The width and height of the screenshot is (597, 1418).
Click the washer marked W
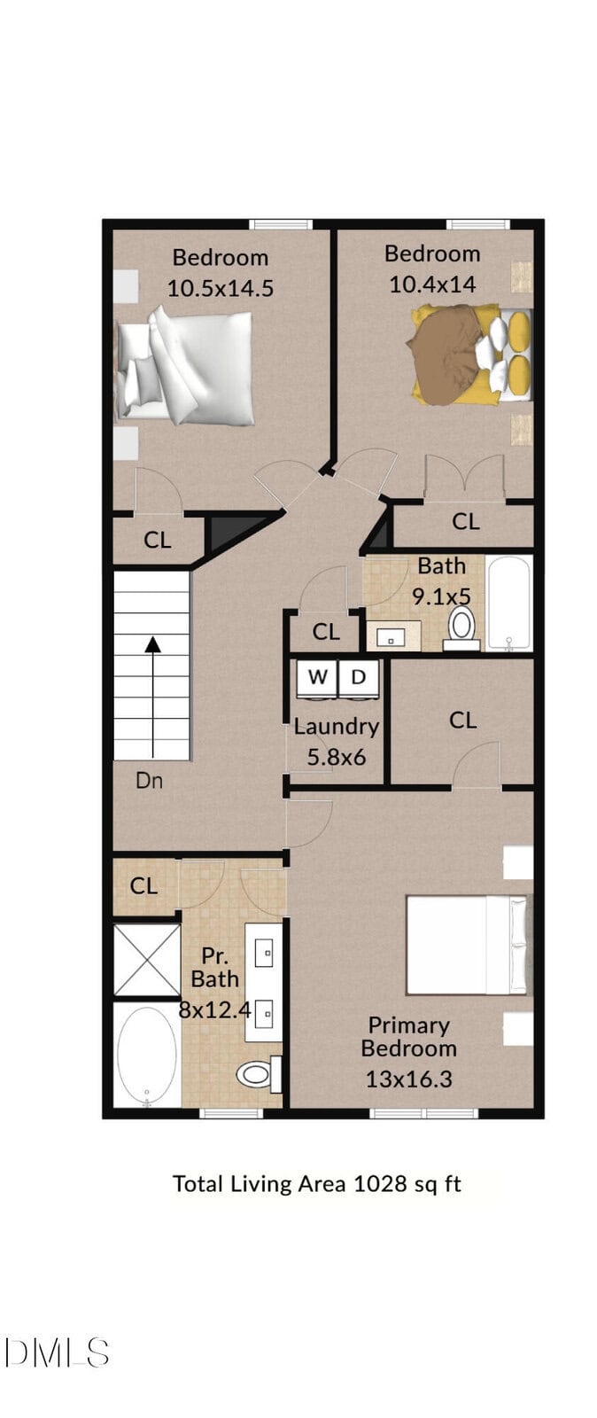click(x=317, y=679)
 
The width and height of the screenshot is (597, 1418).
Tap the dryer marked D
click(x=359, y=679)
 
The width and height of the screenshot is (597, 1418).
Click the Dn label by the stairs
click(x=149, y=781)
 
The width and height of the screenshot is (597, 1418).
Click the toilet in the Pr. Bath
click(x=260, y=1073)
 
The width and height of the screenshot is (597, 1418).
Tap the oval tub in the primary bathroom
click(x=147, y=1056)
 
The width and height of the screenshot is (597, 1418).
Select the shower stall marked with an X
click(x=147, y=960)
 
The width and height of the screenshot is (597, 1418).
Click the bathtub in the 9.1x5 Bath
click(x=508, y=604)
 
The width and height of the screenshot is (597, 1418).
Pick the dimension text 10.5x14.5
click(x=220, y=289)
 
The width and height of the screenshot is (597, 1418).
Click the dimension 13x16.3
click(x=409, y=1079)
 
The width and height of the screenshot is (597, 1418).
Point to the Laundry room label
click(x=337, y=727)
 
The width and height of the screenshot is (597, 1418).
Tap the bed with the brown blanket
click(x=469, y=354)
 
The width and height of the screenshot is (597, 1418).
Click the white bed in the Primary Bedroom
click(x=467, y=945)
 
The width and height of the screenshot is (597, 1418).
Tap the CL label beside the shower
click(x=143, y=885)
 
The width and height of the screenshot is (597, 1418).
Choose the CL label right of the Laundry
click(x=463, y=721)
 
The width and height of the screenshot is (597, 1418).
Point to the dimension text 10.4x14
click(x=432, y=284)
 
